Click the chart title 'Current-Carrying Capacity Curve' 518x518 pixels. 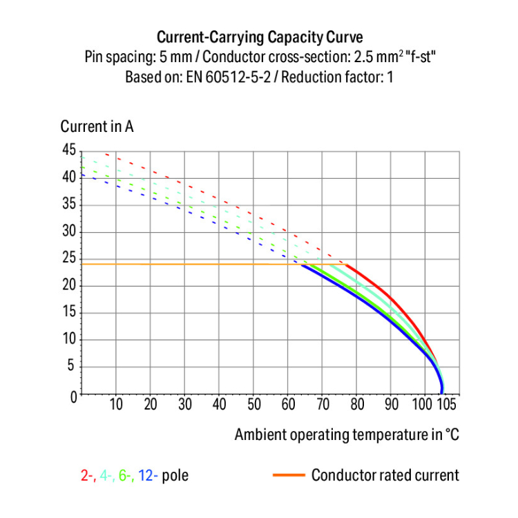point(259,36)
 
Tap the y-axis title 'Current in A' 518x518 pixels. point(97,126)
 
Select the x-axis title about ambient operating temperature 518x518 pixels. point(346,434)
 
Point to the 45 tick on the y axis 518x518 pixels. point(68,150)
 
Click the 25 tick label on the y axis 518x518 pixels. point(68,258)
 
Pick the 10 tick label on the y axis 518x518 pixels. point(68,340)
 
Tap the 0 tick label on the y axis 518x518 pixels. point(72,396)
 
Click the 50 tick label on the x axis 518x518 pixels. point(254,404)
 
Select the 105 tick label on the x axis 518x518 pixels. point(447,404)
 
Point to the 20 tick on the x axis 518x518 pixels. point(151,404)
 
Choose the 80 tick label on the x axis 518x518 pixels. point(357,404)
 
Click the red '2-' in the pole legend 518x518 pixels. point(88,476)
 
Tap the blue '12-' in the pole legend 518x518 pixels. point(148,476)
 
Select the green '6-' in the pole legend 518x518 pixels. point(126,476)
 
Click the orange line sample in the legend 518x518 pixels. point(288,475)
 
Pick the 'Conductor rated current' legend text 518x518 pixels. point(385,475)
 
